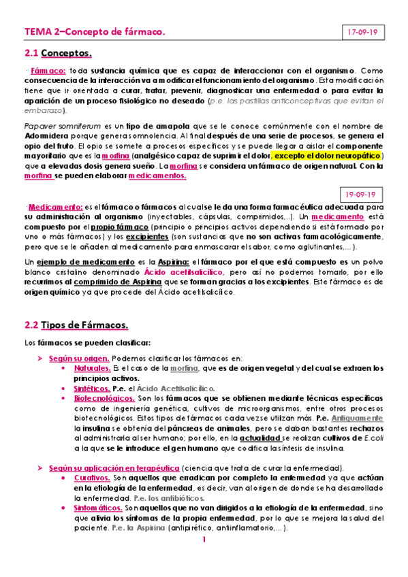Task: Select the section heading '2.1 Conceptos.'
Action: click(x=58, y=52)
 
